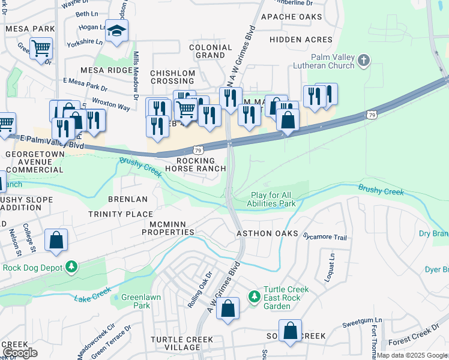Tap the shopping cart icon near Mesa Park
tap(41, 49)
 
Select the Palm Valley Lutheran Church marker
tap(364, 60)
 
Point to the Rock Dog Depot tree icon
tap(71, 266)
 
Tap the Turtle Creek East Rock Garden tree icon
tap(255, 296)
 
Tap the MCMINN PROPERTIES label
tap(164, 228)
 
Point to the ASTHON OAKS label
tap(267, 233)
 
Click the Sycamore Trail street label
tap(325, 237)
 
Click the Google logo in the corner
tap(20, 353)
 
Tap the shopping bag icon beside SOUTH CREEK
tap(290, 332)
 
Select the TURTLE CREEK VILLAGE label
tap(181, 344)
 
